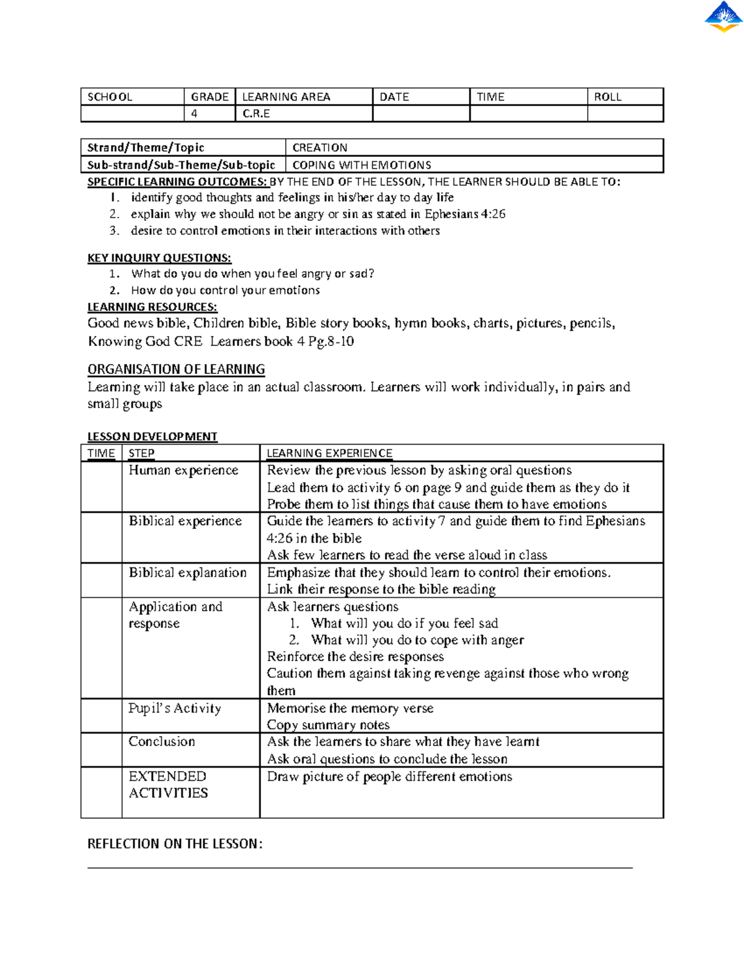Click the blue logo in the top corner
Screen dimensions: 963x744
click(x=724, y=17)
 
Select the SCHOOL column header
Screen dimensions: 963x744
click(x=110, y=97)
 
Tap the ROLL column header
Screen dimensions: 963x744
click(x=608, y=97)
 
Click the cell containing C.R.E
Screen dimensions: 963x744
click(x=256, y=114)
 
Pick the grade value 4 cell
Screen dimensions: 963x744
click(x=195, y=114)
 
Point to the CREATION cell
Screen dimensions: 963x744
click(x=320, y=148)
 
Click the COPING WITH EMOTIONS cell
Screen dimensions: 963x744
click(x=361, y=165)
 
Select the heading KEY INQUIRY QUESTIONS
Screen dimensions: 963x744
click(x=159, y=258)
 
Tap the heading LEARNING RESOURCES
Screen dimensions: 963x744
click(x=152, y=307)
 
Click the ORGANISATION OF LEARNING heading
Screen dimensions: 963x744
click(x=176, y=370)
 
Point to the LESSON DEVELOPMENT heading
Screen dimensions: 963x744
click(x=152, y=437)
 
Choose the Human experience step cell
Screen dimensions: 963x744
click(x=184, y=471)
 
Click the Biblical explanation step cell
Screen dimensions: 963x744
click(x=187, y=572)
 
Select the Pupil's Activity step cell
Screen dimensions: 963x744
click(x=174, y=708)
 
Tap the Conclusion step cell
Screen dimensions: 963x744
click(x=162, y=742)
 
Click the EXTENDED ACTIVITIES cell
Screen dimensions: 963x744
click(x=168, y=784)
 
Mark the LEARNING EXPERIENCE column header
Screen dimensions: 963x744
click(x=329, y=453)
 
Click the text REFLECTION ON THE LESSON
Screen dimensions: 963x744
click(x=175, y=844)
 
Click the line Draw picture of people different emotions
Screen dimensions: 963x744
click(x=389, y=776)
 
